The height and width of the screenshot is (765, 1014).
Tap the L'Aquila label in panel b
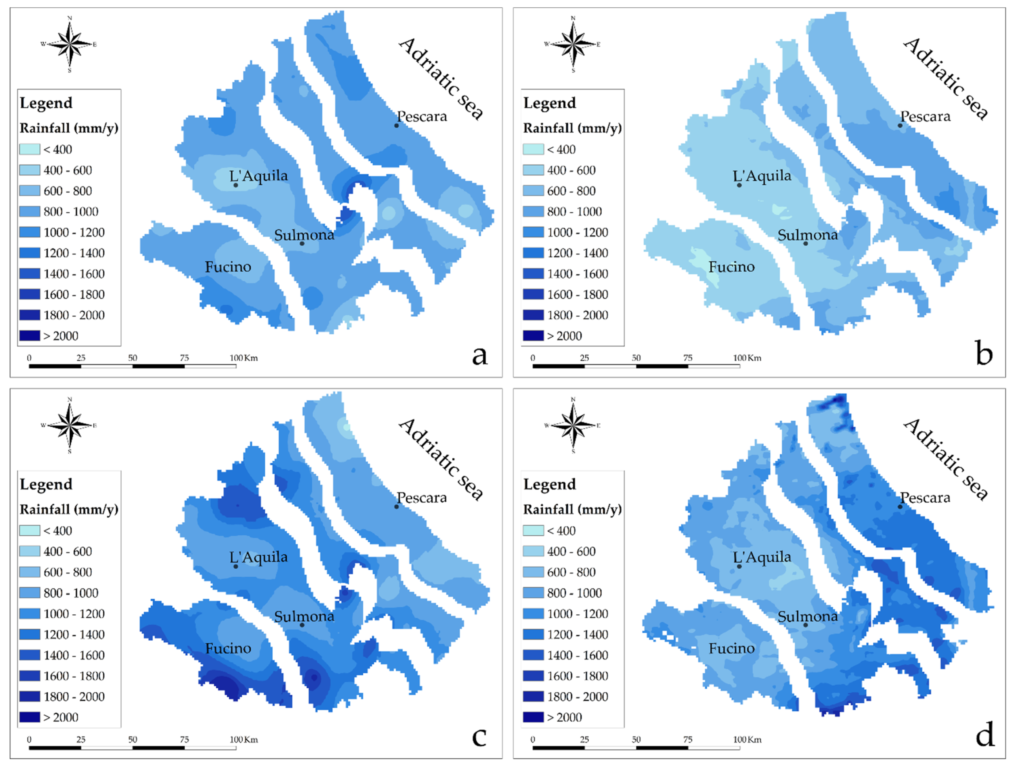762,176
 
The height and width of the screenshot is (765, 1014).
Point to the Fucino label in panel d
732,648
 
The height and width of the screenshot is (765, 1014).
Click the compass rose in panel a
70,44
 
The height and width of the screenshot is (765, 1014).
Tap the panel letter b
984,354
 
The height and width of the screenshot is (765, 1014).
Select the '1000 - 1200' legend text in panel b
578,232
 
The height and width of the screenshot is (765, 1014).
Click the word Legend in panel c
46,484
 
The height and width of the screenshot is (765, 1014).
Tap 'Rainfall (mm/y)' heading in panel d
573,509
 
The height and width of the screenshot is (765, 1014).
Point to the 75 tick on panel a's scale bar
184,358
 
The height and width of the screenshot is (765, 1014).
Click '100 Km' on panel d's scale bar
747,739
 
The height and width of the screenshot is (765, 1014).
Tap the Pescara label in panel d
925,498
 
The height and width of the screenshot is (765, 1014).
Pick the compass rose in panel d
573,426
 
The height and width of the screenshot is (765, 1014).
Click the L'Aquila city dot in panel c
236,566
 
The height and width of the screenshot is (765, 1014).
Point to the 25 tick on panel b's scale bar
584,358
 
